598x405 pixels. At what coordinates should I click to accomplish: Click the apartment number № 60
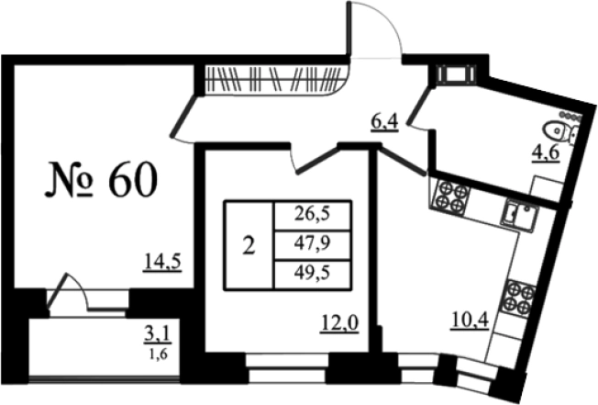point(101,179)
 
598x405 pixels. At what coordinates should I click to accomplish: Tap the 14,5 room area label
point(162,263)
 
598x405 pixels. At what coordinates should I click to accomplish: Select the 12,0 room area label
point(339,324)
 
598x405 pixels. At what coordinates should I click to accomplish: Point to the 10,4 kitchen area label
point(470,320)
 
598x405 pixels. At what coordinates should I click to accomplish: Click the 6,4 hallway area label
point(384,122)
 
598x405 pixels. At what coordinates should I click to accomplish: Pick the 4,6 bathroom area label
point(546,153)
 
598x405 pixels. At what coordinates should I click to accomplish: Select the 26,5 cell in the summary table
point(312,214)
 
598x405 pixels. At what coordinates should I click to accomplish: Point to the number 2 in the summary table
point(249,246)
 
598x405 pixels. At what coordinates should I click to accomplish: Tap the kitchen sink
point(519,215)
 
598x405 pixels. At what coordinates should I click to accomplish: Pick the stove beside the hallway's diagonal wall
point(450,196)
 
